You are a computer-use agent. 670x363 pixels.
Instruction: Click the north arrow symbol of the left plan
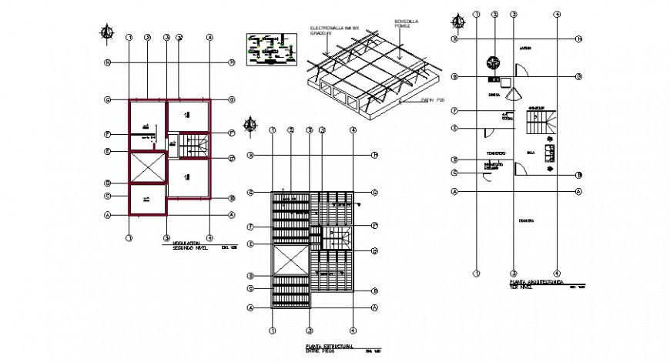point(108,32)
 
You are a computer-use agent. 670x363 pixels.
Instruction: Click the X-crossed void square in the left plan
point(147,167)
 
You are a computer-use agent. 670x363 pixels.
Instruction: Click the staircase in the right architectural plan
point(538,122)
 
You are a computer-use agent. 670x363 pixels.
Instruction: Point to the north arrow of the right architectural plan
point(459,19)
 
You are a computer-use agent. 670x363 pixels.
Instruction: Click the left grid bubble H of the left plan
point(109,63)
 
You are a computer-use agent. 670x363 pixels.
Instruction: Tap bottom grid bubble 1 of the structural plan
point(271,331)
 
